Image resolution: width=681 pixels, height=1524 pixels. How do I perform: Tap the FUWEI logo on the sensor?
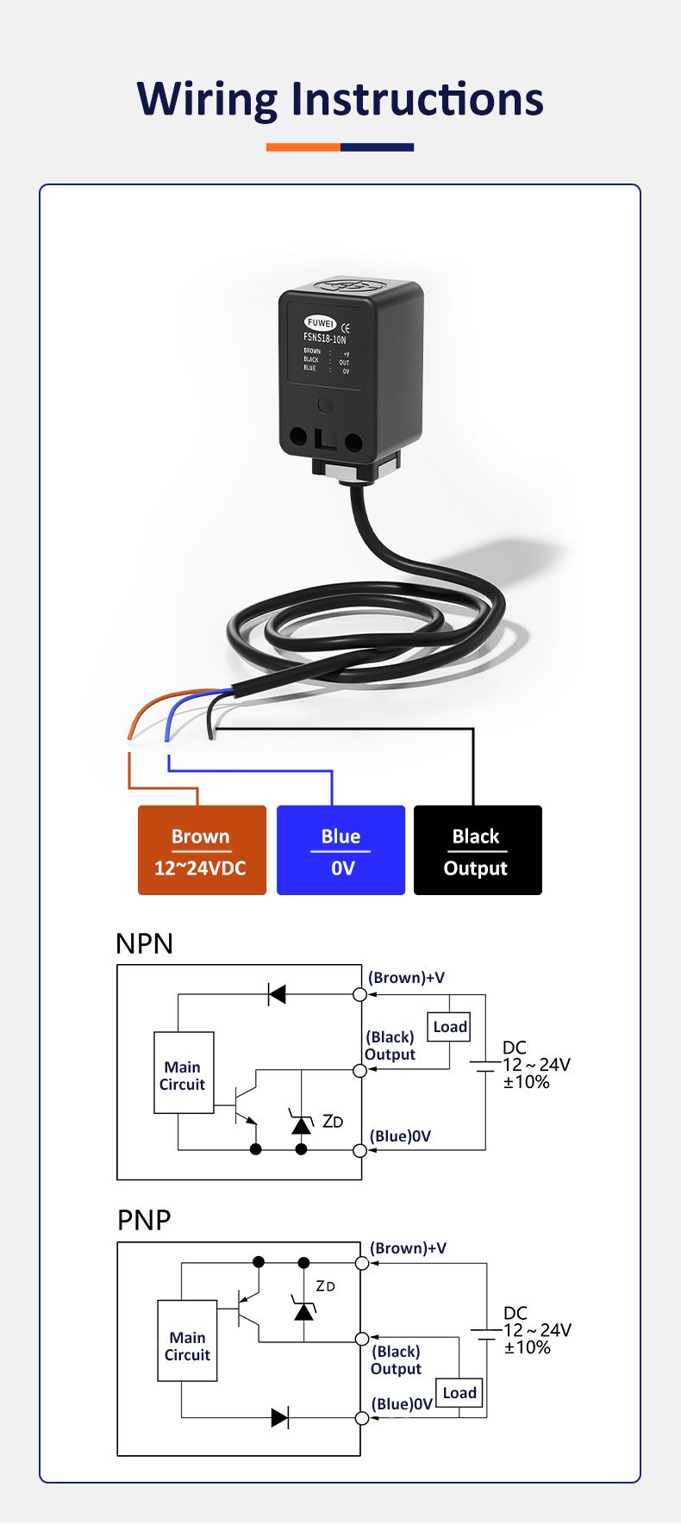[x=321, y=323]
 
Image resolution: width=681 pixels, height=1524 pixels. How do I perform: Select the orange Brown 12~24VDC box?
[x=202, y=850]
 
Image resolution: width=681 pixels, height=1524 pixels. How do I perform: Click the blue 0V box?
[x=340, y=850]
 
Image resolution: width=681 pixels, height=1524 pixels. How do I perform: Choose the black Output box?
[x=478, y=850]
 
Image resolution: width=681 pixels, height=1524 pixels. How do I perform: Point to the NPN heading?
[x=144, y=943]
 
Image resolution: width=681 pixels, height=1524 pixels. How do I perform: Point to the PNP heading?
[x=144, y=1220]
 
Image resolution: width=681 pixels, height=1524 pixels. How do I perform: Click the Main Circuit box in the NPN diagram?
[x=184, y=1073]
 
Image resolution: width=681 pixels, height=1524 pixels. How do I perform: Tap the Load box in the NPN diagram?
[x=450, y=1027]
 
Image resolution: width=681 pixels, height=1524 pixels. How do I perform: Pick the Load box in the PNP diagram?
[x=459, y=1393]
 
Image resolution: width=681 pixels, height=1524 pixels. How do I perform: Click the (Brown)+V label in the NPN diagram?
[x=406, y=978]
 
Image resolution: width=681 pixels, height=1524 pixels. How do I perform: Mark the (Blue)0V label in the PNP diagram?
[x=402, y=1404]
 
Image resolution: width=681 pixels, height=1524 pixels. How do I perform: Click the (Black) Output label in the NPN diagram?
[x=390, y=1046]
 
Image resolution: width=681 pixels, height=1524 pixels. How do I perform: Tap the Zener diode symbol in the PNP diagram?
[x=303, y=1309]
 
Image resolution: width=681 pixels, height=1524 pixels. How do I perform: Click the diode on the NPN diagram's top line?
[x=277, y=994]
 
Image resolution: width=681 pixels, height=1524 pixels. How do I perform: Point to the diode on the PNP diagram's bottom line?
[x=279, y=1417]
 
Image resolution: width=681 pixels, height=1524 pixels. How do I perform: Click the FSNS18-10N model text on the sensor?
[x=325, y=339]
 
